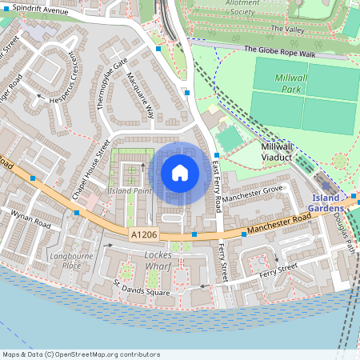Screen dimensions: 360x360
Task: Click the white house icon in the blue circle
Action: pos(180,172)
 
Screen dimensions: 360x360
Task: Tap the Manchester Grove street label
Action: pos(254,193)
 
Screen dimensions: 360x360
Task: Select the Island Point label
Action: pos(130,191)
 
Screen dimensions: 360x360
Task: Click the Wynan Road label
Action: pos(31,221)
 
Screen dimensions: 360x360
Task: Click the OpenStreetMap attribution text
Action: pos(81,354)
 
